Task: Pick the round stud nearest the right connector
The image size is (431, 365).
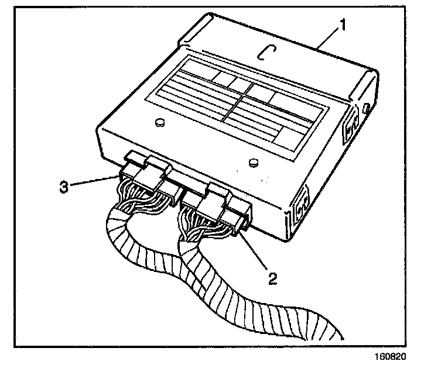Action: click(253, 161)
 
